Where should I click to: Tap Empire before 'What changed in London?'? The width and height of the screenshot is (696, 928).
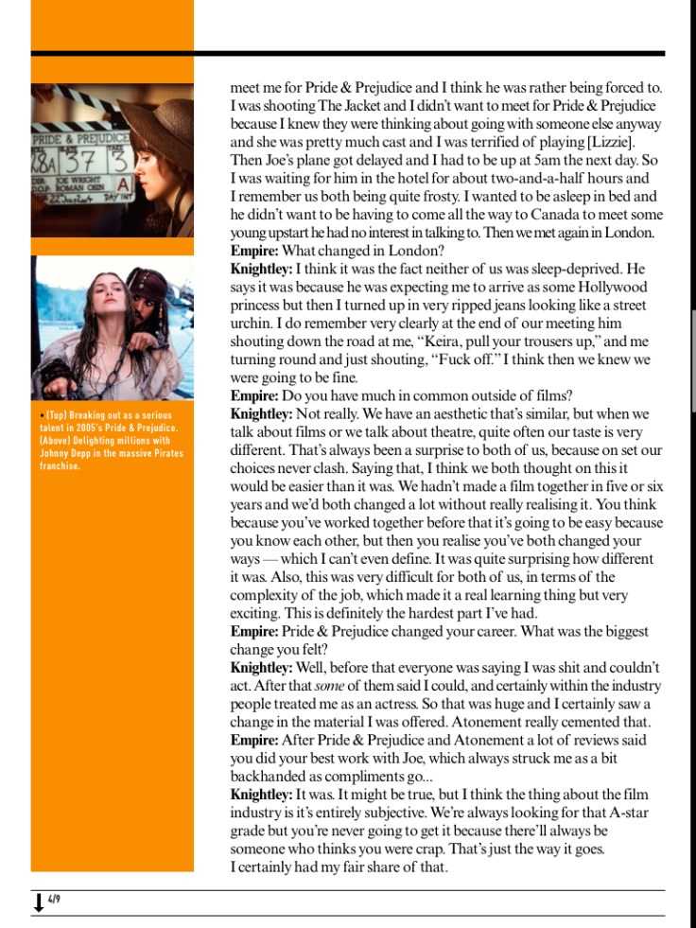pyautogui.click(x=253, y=252)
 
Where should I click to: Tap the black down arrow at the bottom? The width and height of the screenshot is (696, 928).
pyautogui.click(x=38, y=903)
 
